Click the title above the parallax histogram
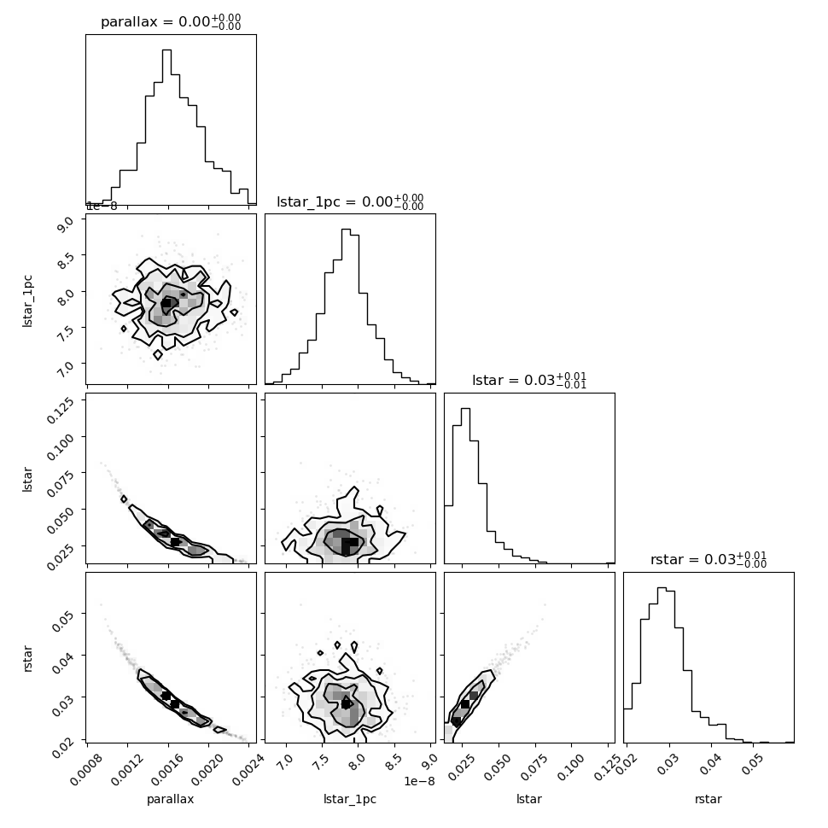coord(171,22)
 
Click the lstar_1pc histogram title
coord(350,202)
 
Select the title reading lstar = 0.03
coord(529,381)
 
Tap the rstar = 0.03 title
coord(708,560)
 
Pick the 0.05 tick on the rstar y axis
coord(70,615)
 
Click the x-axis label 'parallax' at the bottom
coord(171,800)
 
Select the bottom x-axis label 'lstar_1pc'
coord(350,800)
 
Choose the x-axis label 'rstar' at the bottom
coord(708,800)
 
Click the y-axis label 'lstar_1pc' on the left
coord(28,299)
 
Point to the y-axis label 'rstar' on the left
coord(28,657)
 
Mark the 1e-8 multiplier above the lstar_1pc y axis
coord(102,206)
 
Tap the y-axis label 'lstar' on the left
coord(28,478)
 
